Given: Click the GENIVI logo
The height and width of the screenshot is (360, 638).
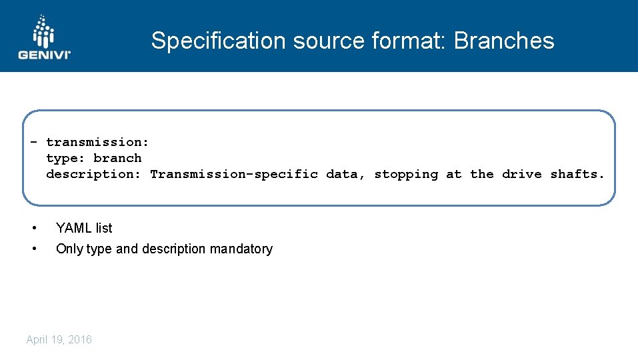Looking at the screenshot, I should coord(44,37).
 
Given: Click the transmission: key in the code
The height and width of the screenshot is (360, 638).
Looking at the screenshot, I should coord(97,142).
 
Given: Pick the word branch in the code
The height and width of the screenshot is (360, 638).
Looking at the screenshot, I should coord(117,158).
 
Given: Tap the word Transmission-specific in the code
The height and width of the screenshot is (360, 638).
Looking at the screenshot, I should coord(233,174).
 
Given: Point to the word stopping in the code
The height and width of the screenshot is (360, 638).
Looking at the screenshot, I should coord(406,174).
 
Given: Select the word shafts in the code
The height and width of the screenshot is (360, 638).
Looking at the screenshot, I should coord(575,174).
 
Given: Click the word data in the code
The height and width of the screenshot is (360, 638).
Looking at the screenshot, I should coord(343,174).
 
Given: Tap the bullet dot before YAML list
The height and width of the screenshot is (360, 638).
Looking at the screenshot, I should coord(34,228).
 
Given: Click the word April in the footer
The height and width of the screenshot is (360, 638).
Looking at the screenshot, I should coord(37,340).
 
